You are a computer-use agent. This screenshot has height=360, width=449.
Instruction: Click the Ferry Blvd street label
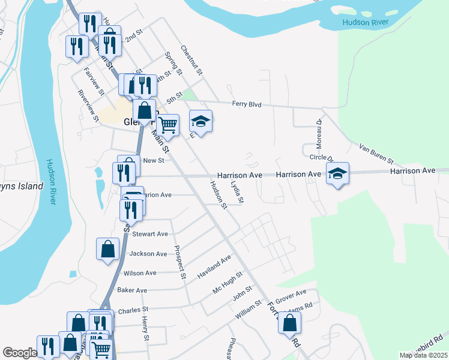click(x=247, y=104)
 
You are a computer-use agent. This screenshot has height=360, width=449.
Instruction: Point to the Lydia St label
click(x=238, y=191)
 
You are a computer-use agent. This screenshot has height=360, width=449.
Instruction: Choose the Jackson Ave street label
click(x=148, y=254)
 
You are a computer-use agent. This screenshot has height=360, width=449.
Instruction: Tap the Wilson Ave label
click(x=139, y=273)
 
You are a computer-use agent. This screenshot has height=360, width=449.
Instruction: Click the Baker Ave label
click(x=132, y=290)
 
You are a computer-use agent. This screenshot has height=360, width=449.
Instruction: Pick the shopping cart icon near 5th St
click(x=169, y=124)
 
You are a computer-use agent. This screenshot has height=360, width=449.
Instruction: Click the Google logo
click(x=20, y=353)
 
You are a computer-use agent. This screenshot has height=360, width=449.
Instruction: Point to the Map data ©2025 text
click(x=423, y=355)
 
